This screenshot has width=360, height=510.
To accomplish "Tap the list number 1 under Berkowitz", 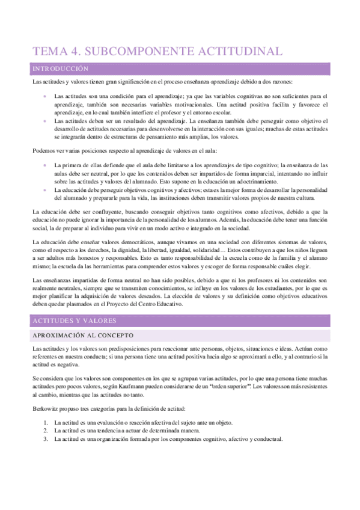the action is pyautogui.click(x=46, y=423).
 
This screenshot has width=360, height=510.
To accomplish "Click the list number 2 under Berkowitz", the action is pyautogui.click(x=46, y=431).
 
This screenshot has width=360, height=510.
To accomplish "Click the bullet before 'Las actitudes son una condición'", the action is pyautogui.click(x=45, y=96).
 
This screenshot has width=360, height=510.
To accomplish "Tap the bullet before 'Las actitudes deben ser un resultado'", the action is pyautogui.click(x=45, y=121).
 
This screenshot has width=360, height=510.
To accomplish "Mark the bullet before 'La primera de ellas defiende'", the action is pyautogui.click(x=45, y=165).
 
